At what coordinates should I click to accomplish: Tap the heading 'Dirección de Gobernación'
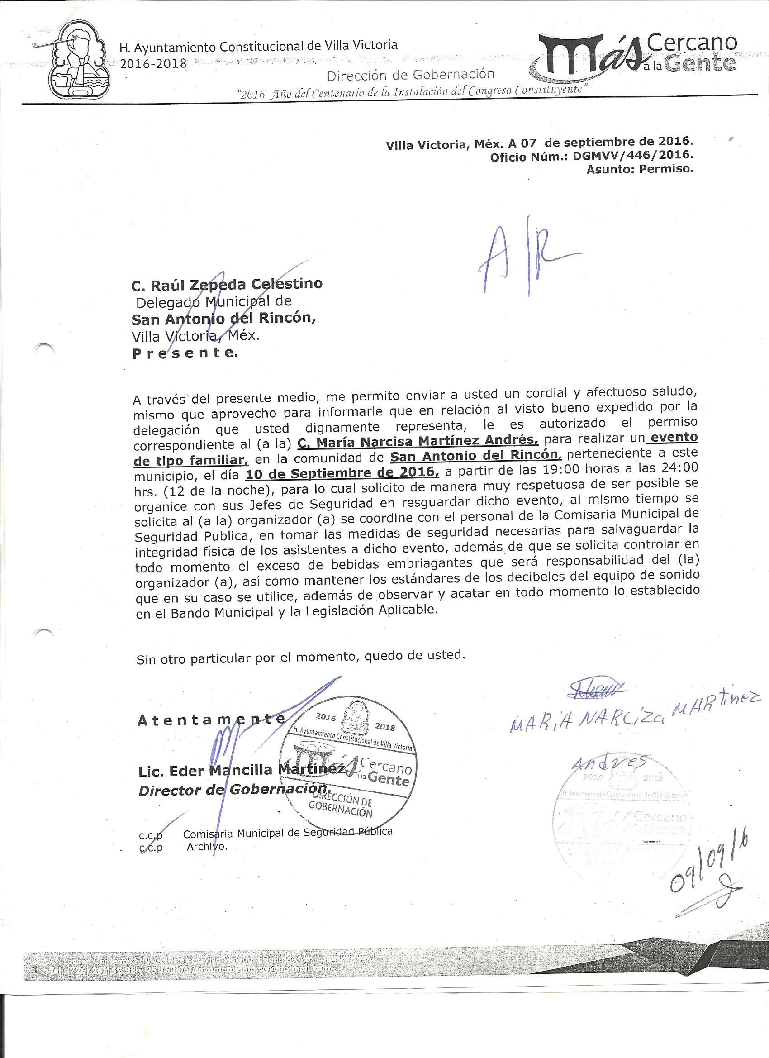click(x=410, y=74)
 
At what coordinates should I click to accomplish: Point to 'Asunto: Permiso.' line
click(x=640, y=169)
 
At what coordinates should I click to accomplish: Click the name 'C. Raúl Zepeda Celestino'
click(x=227, y=284)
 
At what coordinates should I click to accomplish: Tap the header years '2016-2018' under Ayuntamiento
click(x=153, y=64)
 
